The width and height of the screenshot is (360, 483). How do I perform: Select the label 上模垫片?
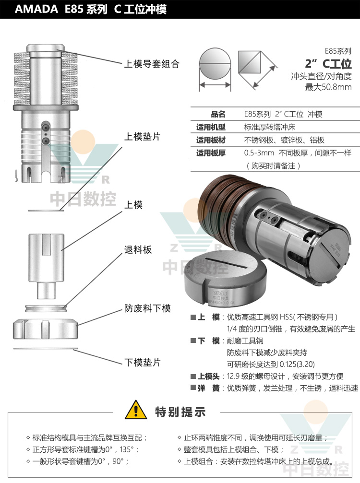tap(142, 137)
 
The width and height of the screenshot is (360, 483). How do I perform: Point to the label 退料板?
tap(138, 250)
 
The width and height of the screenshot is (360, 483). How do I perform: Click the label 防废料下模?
tap(147, 308)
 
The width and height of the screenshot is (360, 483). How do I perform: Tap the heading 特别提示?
tap(180, 412)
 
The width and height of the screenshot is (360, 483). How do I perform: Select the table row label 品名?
tap(218, 114)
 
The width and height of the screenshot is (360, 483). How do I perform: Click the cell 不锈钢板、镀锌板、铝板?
tap(284, 140)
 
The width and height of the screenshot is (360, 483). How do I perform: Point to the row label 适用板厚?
tap(211, 153)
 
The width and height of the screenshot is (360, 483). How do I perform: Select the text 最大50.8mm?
tap(328, 87)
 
